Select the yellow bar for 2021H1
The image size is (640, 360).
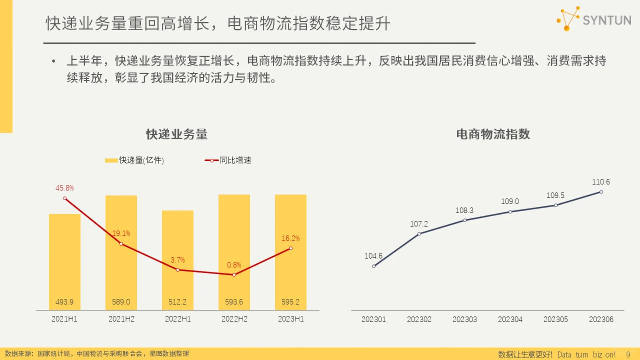point(65,260)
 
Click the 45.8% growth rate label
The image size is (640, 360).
point(65,188)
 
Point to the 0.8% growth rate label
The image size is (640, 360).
point(234,265)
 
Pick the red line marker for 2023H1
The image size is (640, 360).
point(291,248)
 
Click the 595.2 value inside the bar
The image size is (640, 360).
point(290,302)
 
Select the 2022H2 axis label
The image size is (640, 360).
point(234,319)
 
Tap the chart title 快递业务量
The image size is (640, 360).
point(177,134)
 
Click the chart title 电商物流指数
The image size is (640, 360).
point(493,134)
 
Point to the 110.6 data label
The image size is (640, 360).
point(601,182)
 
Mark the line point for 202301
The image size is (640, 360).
point(374,266)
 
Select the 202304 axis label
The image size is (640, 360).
point(510,319)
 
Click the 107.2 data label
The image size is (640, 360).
point(419,224)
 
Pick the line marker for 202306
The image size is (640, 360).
point(601,192)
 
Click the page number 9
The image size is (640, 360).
point(628,354)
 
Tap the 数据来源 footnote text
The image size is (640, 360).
point(97,354)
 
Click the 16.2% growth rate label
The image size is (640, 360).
point(290,239)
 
